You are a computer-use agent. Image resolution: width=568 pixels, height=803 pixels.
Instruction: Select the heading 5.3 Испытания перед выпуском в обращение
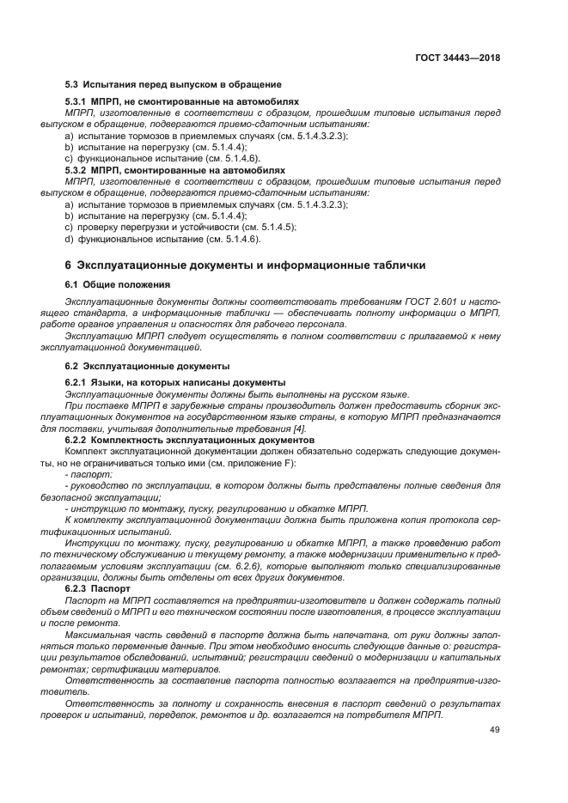pyautogui.click(x=174, y=84)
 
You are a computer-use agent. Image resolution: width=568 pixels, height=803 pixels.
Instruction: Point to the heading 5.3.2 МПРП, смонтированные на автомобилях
pyautogui.click(x=176, y=170)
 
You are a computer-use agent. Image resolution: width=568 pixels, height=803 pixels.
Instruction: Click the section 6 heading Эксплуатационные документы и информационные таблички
pyautogui.click(x=245, y=265)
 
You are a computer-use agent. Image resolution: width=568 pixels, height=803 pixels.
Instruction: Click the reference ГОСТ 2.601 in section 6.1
pyautogui.click(x=449, y=302)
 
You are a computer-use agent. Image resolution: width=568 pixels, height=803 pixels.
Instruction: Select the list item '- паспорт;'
pyautogui.click(x=89, y=474)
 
